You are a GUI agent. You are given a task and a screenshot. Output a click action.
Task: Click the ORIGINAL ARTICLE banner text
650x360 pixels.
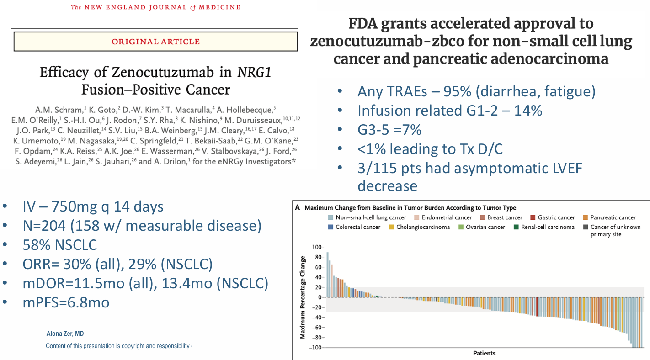point(156,42)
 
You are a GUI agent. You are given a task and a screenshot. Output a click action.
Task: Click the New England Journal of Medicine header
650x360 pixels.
point(156,7)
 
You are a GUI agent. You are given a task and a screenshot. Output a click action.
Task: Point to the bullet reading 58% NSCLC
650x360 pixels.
point(60,245)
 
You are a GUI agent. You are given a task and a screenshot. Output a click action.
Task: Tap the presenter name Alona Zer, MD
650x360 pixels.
point(65,334)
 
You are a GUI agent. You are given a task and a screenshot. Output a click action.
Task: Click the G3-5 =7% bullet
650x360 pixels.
point(389,130)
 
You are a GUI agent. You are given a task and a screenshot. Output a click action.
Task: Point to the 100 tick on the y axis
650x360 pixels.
point(317,247)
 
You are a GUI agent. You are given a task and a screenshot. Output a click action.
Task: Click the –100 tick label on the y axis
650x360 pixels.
point(315,348)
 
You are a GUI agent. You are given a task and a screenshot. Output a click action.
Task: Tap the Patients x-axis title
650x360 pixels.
point(484,353)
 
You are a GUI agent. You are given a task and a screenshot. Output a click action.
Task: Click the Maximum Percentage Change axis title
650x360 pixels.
point(303,297)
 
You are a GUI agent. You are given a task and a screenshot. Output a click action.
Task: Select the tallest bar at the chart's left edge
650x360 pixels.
point(327,275)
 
